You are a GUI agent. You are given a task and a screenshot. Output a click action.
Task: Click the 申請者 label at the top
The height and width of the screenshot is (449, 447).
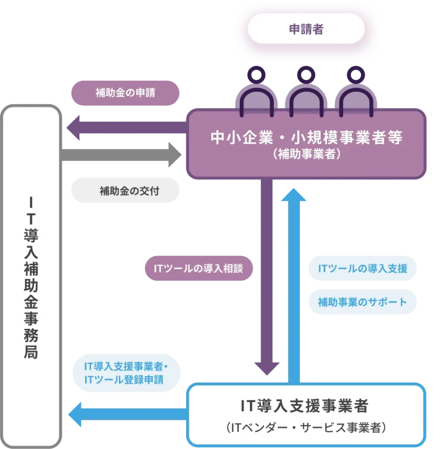(x=306, y=30)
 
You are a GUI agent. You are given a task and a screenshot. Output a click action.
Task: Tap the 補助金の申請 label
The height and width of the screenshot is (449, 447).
(x=125, y=93)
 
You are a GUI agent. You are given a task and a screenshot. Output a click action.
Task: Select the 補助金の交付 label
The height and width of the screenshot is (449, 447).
(x=125, y=191)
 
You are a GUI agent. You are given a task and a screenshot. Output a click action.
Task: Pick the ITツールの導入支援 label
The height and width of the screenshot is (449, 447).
(x=362, y=268)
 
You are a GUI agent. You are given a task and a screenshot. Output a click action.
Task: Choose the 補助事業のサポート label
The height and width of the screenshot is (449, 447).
(x=362, y=302)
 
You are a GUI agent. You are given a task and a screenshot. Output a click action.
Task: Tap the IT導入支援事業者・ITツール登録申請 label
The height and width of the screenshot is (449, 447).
(x=126, y=373)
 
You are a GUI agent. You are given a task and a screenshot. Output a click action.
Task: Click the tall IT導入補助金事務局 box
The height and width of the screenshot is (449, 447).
(x=31, y=276)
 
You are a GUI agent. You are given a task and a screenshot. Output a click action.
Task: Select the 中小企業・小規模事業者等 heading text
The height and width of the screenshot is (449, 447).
(x=306, y=138)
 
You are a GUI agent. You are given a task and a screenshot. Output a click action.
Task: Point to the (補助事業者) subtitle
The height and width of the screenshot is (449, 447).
(x=306, y=155)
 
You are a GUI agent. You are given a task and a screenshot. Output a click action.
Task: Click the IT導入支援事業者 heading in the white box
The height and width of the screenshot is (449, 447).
(x=305, y=406)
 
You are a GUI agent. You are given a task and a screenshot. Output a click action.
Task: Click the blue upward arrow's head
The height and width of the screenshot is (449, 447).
(x=294, y=195)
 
